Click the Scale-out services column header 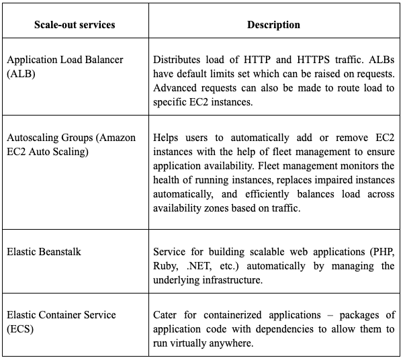pos(75,25)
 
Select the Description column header pos(273,25)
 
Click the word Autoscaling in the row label pos(34,138)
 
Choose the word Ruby pos(167,267)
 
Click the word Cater pos(166,314)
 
